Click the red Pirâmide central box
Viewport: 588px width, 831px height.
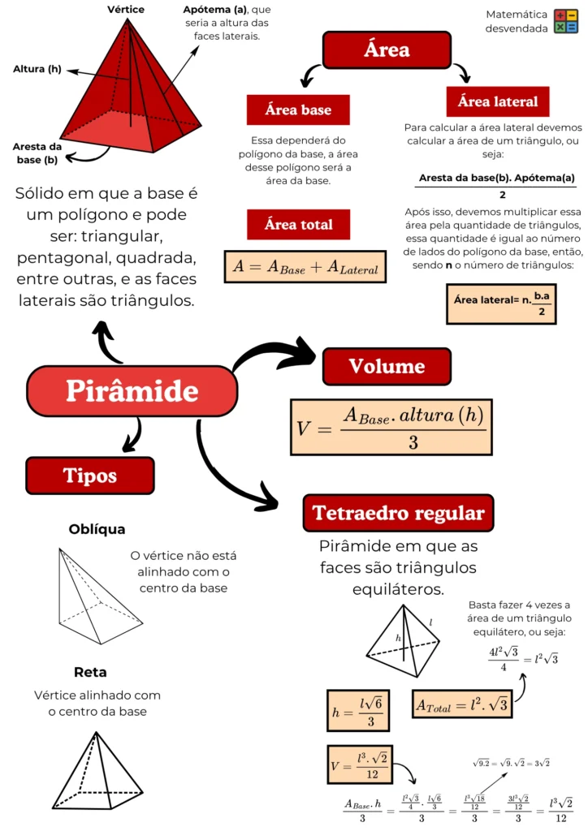point(132,391)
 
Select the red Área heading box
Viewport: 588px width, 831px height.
point(387,50)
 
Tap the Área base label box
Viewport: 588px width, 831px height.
point(298,110)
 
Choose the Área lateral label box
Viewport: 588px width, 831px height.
point(498,102)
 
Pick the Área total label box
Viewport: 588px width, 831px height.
point(298,225)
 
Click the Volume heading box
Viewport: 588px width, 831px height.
point(387,366)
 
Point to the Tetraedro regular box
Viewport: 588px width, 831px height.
point(398,513)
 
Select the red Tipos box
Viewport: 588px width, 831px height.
point(89,476)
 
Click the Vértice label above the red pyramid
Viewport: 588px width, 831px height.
point(126,9)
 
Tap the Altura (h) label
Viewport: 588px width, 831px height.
point(37,69)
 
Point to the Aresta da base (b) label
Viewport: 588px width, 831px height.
point(37,153)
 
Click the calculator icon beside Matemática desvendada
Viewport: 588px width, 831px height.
point(565,22)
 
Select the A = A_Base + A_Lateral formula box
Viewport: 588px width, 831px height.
point(305,266)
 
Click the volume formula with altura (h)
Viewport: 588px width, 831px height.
point(391,427)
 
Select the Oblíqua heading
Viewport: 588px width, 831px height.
point(97,530)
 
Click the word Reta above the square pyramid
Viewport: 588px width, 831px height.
point(90,672)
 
